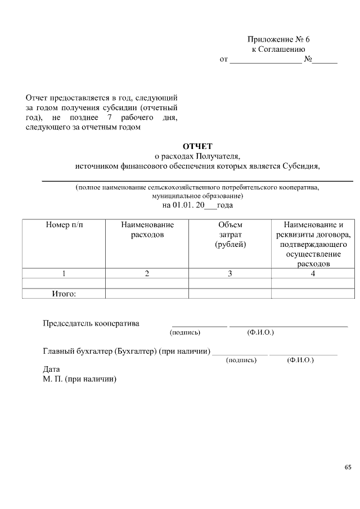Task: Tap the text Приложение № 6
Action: pos(278,39)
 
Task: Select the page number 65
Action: pos(347,467)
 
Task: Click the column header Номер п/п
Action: pos(64,224)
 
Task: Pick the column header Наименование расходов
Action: pos(147,229)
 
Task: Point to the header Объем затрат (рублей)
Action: pos(230,235)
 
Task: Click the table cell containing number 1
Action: pos(64,274)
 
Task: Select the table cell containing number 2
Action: pos(147,274)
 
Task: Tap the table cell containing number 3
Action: pos(230,274)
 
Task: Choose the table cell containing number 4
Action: pos(313,274)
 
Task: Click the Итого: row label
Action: pos(64,294)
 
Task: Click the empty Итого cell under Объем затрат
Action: pos(230,294)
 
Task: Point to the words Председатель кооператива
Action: pos(91,323)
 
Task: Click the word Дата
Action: pos(51,370)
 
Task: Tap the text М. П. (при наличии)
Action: pos(79,379)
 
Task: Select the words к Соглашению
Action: pos(278,49)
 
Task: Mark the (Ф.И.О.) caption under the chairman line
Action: pos(260,333)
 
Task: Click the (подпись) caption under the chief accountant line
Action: pos(241,360)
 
